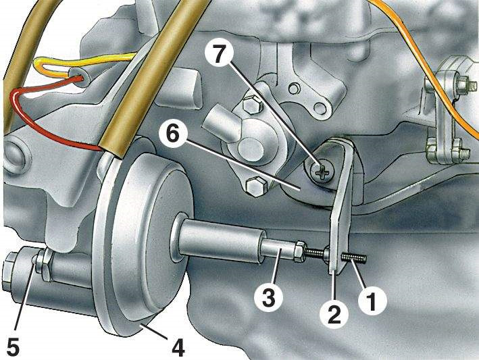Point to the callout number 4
177,348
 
